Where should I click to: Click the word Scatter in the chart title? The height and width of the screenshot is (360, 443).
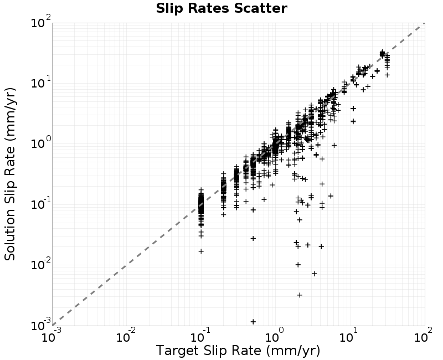point(260,8)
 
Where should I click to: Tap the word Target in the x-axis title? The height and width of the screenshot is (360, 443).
point(177,351)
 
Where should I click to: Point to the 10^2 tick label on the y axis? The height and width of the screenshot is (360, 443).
point(40,22)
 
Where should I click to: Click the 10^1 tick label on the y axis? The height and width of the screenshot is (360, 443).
point(40,83)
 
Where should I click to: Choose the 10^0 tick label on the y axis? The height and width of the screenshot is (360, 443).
point(40,143)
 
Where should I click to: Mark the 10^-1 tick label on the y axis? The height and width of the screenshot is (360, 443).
point(40,204)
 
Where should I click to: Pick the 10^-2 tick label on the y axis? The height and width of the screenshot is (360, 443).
point(40,265)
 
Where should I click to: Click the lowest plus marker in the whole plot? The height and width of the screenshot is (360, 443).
point(253,322)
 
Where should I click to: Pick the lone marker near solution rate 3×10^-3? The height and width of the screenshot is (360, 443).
point(300,295)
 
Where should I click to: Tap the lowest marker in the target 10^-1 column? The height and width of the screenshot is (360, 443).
point(201,251)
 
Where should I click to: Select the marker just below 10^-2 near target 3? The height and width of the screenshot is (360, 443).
point(314,274)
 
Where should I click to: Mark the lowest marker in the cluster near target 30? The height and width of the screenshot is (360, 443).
point(387,75)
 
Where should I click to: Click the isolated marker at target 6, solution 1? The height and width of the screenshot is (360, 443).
point(334,145)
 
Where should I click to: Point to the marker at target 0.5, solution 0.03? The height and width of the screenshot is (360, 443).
point(253,239)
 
